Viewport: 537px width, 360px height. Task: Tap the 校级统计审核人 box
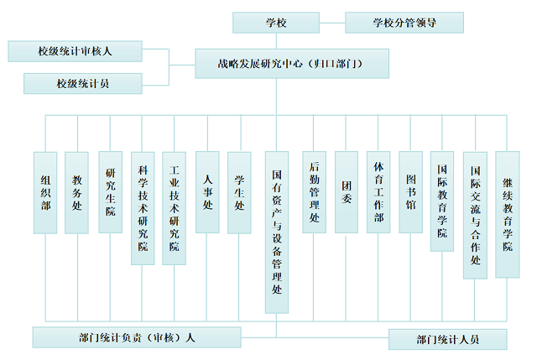(75, 51)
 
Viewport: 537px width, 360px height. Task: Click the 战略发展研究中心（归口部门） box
(292, 63)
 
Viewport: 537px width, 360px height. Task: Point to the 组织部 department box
(45, 192)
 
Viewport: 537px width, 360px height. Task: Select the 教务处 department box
(77, 192)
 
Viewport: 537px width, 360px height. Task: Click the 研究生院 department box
(110, 192)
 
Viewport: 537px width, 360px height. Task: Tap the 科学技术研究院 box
(142, 207)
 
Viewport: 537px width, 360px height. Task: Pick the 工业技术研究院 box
(174, 207)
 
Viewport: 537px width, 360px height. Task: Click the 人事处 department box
(206, 192)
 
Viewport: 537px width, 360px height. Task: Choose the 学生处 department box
(239, 192)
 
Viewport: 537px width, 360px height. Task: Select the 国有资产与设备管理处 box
(277, 232)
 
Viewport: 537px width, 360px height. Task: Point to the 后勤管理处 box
(314, 192)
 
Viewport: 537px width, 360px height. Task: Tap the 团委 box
(346, 192)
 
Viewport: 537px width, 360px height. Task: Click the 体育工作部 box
(378, 192)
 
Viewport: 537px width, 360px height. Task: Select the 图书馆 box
(410, 192)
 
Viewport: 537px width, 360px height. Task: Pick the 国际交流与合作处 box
(475, 215)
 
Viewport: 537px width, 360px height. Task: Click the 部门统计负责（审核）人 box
(136, 337)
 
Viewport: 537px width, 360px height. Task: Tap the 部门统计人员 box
(447, 339)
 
